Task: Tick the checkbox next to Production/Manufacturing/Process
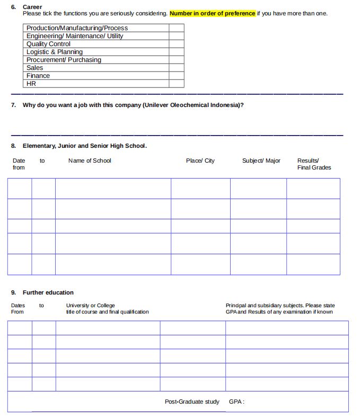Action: pos(177,28)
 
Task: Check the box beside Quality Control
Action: pos(177,44)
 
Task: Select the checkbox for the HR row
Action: pos(177,84)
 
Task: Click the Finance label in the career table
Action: pos(38,76)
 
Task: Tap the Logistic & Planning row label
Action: pos(55,52)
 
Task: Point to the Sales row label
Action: pos(35,68)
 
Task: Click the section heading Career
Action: pos(32,7)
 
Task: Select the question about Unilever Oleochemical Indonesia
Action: pos(133,105)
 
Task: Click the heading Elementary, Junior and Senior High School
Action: pos(85,146)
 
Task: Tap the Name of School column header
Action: pos(90,161)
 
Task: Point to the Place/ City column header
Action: pos(200,161)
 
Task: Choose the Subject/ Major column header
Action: pos(261,161)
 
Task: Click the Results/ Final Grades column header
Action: pos(314,164)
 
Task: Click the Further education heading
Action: pos(48,292)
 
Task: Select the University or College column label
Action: pos(90,305)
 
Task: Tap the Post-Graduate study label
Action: pos(192,402)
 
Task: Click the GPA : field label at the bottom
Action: pos(236,402)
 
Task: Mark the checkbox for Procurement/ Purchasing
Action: pos(177,60)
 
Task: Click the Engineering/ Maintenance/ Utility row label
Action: pos(75,36)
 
